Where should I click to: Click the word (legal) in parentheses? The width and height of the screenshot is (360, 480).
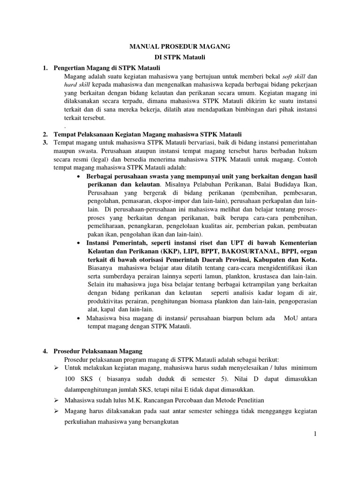pos(109,159)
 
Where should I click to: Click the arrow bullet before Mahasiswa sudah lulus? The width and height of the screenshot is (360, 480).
pos(56,400)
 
